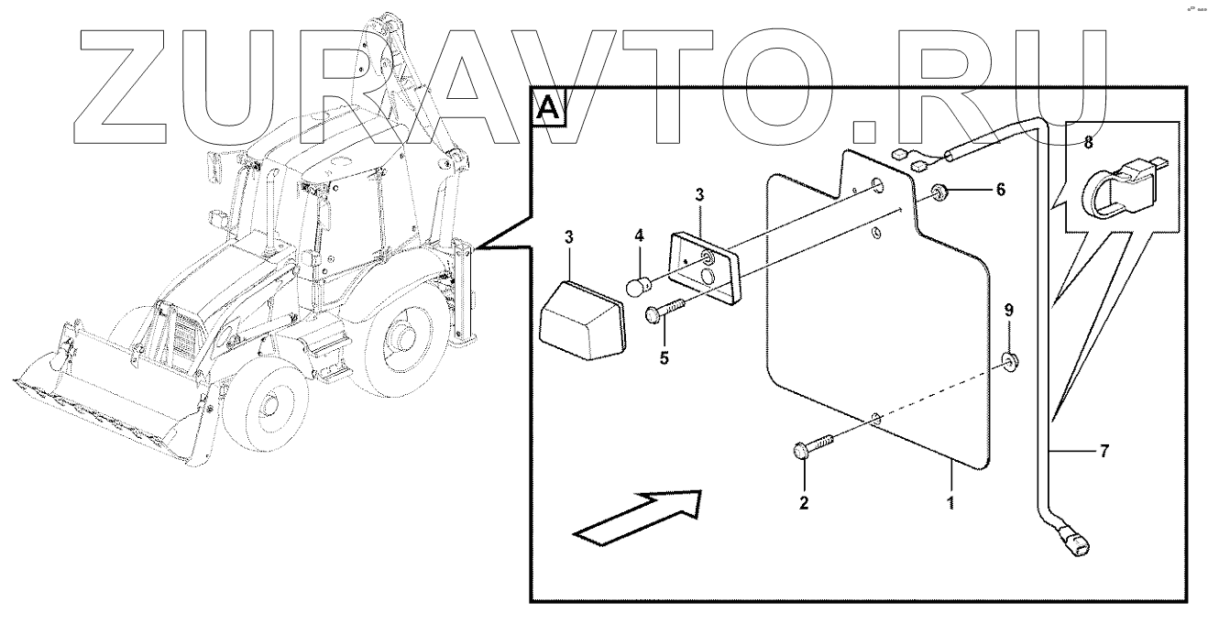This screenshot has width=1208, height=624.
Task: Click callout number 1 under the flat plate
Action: pos(950,503)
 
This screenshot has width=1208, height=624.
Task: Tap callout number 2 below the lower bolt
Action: pos(805,503)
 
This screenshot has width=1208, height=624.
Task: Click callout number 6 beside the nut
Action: pos(1000,190)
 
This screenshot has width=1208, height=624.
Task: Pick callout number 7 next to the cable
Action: pos(1105,450)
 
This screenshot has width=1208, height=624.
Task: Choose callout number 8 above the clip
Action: pos(1088,143)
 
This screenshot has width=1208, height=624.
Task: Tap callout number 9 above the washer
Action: pos(1009,311)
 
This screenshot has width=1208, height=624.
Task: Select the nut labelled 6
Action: pos(940,192)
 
